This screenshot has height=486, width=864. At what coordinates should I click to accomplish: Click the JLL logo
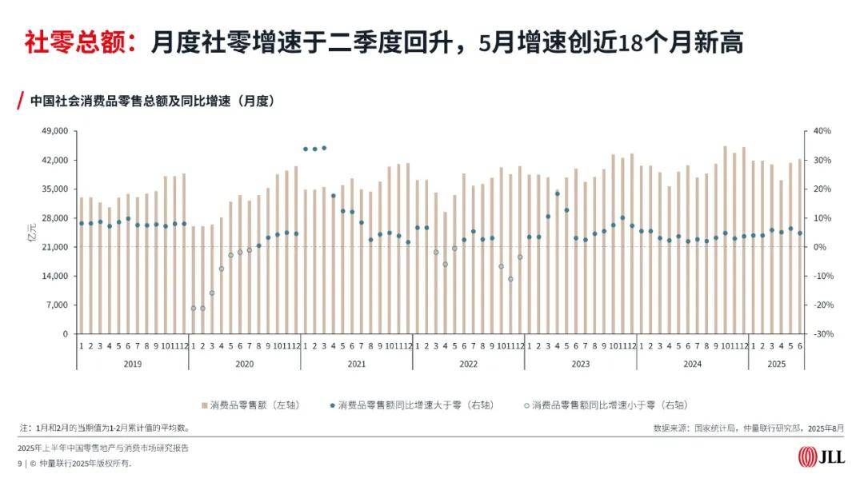(x=818, y=456)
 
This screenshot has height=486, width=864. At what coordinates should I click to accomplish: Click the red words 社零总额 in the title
(x=79, y=42)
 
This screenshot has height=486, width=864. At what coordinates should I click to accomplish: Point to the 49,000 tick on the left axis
(x=55, y=131)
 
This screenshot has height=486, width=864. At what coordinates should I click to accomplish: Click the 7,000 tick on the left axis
(x=58, y=305)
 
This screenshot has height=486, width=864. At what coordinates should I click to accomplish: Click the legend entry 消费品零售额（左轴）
(x=249, y=404)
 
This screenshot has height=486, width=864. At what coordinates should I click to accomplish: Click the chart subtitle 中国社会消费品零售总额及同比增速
(x=152, y=102)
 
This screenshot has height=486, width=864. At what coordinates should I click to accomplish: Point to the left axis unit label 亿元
(x=34, y=233)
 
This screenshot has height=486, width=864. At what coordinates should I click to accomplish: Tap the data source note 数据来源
(x=748, y=428)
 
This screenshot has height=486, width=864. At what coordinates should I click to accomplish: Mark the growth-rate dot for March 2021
(x=324, y=148)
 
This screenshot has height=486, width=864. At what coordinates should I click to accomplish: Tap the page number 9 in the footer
(x=20, y=464)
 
